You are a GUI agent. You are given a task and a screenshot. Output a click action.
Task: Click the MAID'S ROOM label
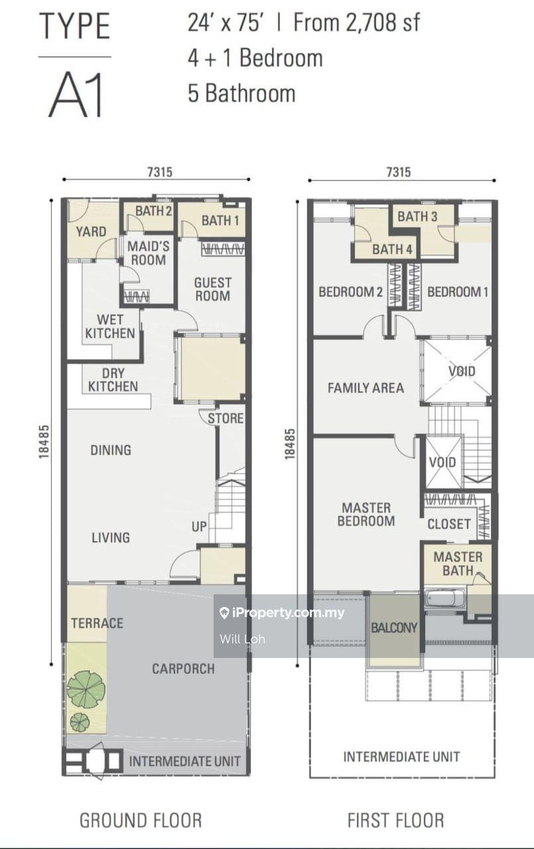pyautogui.click(x=148, y=253)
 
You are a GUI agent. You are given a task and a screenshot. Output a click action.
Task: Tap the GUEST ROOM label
pyautogui.click(x=213, y=289)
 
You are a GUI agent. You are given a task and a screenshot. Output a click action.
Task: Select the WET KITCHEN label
pyautogui.click(x=110, y=326)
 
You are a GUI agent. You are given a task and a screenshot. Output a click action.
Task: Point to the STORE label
pyautogui.click(x=225, y=419)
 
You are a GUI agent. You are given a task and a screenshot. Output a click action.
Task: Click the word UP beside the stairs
pyautogui.click(x=199, y=527)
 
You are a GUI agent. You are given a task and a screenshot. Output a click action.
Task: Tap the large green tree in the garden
pyautogui.click(x=86, y=689)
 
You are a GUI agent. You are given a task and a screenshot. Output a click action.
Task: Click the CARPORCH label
pyautogui.click(x=184, y=669)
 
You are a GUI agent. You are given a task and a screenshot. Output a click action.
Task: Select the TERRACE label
pyautogui.click(x=97, y=623)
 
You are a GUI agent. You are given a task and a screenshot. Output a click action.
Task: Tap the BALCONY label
pyautogui.click(x=394, y=627)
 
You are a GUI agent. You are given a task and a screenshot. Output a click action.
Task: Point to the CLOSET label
pyautogui.click(x=449, y=524)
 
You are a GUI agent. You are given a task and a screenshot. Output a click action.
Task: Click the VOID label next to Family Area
pyautogui.click(x=462, y=371)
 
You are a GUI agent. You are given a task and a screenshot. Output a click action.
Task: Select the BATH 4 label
pyautogui.click(x=392, y=249)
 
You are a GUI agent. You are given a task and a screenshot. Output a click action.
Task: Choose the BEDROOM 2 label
pyautogui.click(x=350, y=292)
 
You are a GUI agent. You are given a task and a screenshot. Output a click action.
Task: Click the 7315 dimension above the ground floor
pyautogui.click(x=160, y=172)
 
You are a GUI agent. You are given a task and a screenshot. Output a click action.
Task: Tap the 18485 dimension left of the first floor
pyautogui.click(x=290, y=444)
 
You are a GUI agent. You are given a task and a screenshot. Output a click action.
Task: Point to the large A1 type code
pyautogui.click(x=76, y=94)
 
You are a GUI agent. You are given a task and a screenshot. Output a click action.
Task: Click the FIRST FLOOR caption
pyautogui.click(x=395, y=820)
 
